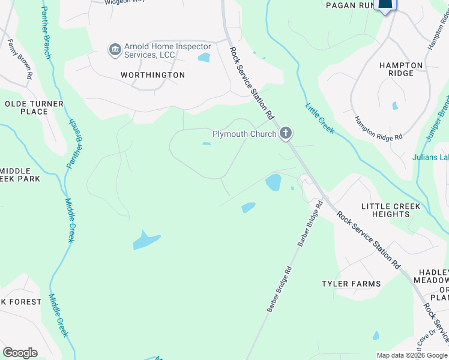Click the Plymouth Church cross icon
point(286,133)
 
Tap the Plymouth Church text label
point(244,134)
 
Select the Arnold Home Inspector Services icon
point(115,50)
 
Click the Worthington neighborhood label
point(152,75)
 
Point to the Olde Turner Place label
point(34,107)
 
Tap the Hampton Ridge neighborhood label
point(401,69)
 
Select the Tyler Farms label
point(351,284)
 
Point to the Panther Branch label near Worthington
point(46,33)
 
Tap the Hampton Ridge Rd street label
point(378,128)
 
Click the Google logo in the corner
point(20,352)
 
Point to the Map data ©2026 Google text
point(411,355)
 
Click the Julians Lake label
point(430,158)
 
